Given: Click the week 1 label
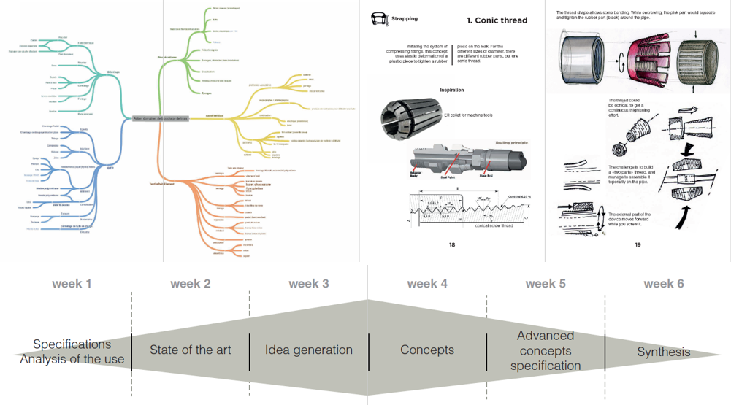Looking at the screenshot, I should coord(72,284).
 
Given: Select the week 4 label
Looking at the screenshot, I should coord(427,284).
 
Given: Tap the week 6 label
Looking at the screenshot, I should coord(664,284).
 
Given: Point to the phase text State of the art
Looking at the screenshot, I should coord(190,350).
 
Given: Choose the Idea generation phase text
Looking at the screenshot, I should coord(309,350).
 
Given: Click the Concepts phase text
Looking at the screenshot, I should coord(427,350).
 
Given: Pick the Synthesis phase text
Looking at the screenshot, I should coord(664,352).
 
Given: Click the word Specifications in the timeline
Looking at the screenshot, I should coord(72,344).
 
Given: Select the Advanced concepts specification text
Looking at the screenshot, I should coord(546,350).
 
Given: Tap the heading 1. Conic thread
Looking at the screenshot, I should coord(497,20).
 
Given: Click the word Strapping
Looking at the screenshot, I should coord(405,20).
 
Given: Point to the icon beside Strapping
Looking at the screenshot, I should coord(379,20).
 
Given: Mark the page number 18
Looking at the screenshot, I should coord(453,244).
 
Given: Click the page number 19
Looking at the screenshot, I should coord(638,244).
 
